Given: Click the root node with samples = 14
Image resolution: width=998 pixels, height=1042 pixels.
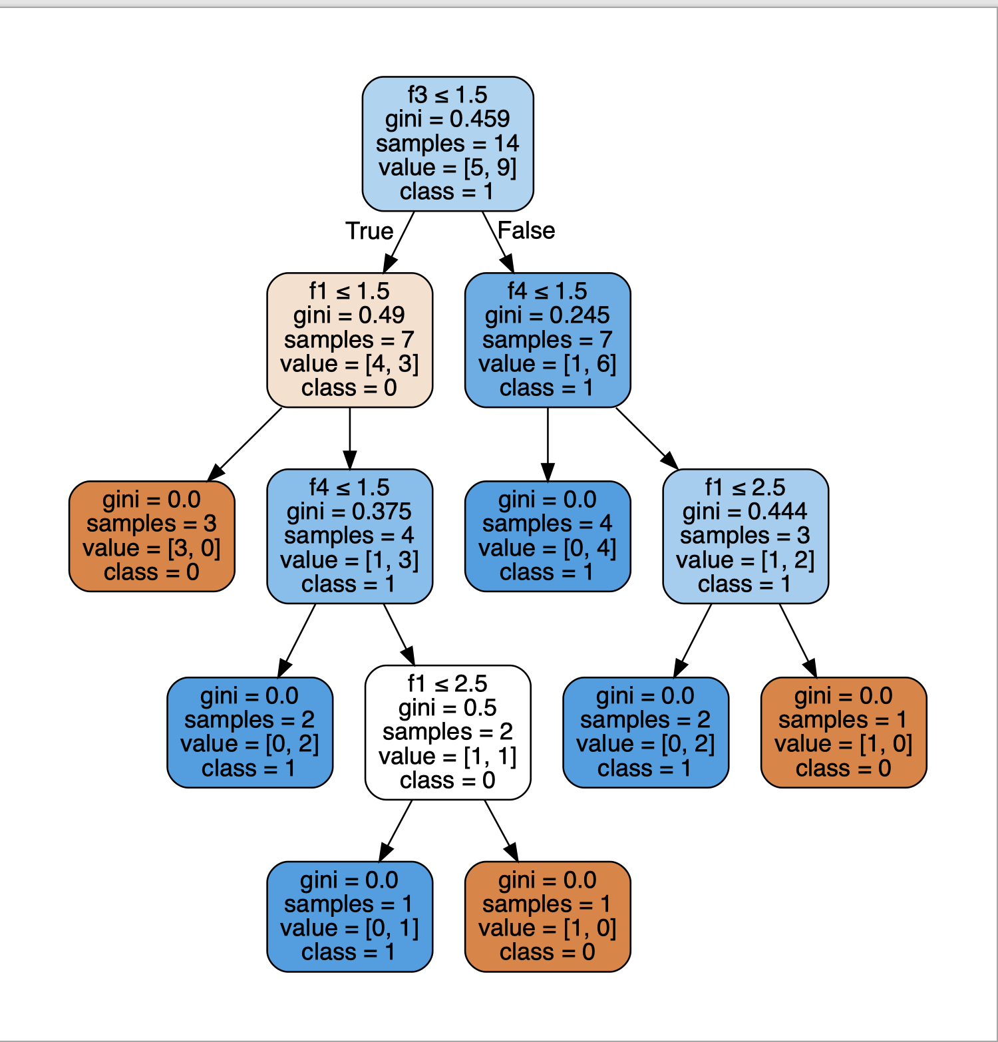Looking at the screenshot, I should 448,144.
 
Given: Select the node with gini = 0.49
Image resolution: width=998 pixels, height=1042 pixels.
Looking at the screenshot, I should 349,339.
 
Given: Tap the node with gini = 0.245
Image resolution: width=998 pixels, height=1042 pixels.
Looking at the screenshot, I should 547,339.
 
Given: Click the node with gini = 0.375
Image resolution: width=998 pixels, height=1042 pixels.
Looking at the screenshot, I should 349,536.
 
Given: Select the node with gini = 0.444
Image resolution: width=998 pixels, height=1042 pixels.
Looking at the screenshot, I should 745,536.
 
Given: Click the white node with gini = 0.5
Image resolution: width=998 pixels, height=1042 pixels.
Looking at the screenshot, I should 448,732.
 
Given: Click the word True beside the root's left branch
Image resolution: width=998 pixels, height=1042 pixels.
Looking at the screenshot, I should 369,231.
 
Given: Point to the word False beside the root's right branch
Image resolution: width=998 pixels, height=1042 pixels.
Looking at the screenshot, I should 526,230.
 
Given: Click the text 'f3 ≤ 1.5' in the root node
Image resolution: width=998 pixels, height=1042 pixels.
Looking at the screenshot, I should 448,94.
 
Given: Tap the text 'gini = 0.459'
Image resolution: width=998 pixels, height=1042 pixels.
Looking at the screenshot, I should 448,119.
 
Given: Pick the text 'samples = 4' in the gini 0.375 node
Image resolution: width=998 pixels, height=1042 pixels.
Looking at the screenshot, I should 349,536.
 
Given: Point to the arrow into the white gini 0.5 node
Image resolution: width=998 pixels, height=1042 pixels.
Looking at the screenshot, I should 399,634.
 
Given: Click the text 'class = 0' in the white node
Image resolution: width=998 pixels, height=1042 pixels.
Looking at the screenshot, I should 448,780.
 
